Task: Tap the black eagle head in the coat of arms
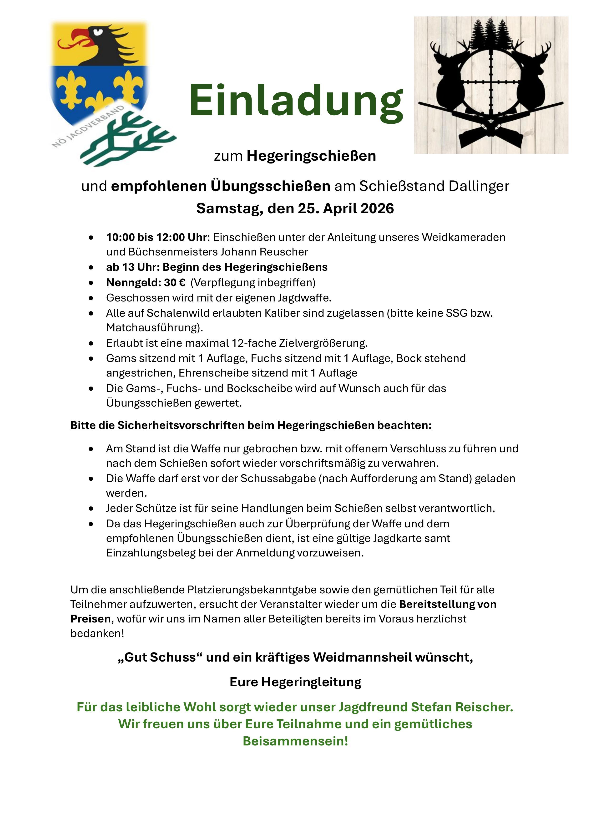106,42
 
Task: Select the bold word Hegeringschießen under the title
311,156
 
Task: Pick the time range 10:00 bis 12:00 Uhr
157,237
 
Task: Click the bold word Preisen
91,619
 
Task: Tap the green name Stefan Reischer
462,707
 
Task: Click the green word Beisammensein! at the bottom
295,741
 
